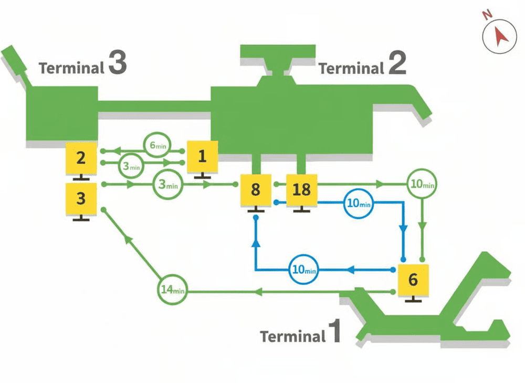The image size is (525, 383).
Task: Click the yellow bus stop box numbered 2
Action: pos(80,157)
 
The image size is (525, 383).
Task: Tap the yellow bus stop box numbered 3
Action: pos(80,199)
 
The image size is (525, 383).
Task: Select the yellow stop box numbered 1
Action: pos(202,156)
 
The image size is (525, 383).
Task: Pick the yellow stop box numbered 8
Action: pos(255,189)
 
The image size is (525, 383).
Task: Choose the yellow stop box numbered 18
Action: pos(301,189)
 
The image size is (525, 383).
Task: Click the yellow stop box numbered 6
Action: pos(413,280)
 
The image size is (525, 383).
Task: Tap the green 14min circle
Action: pos(172,290)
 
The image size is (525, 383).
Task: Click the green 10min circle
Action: pos(423,185)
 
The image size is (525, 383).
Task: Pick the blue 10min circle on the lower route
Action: pos(304,270)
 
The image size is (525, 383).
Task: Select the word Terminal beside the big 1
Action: pos(293,336)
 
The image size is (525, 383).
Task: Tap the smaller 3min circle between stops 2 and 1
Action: pos(131,166)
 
